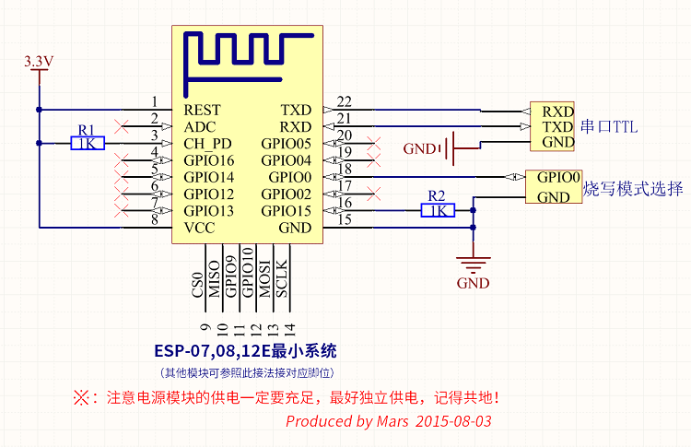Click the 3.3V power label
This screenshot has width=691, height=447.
(40, 62)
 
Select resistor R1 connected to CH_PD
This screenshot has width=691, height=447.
(88, 143)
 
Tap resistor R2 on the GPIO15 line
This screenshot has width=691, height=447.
(438, 210)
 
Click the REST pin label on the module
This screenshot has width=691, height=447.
(202, 110)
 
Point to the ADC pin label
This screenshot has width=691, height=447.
(200, 126)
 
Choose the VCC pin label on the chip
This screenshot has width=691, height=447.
(200, 228)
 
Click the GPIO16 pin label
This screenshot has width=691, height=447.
(209, 160)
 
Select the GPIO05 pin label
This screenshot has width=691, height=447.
(286, 144)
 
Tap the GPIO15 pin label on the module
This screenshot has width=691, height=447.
(286, 211)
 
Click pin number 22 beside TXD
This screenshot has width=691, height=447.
(344, 101)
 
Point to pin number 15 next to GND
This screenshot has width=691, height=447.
(344, 219)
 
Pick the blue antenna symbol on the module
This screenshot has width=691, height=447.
(249, 53)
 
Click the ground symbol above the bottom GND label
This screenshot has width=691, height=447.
(473, 263)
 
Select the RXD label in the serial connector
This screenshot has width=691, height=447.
(557, 111)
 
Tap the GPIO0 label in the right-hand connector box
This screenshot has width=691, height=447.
(558, 177)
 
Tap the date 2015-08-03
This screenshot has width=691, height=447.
(453, 421)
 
